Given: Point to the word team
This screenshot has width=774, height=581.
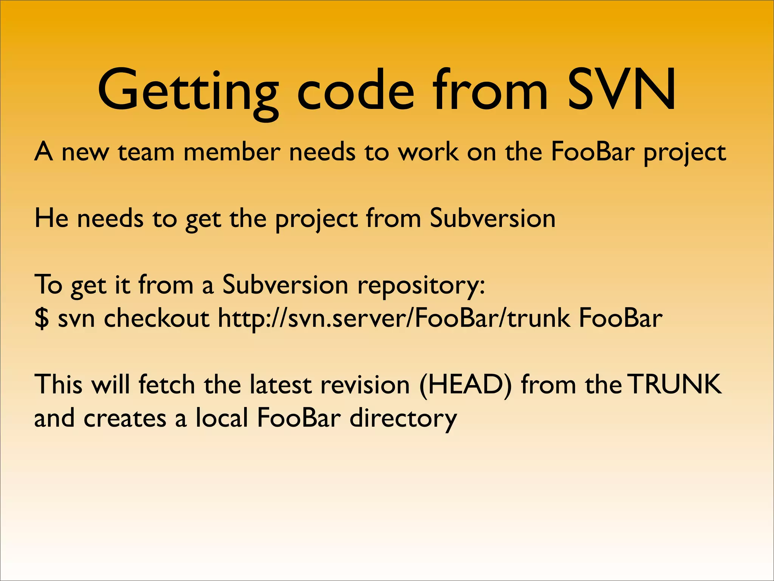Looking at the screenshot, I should coord(146,152).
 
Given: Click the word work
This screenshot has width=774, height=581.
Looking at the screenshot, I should coord(429,152).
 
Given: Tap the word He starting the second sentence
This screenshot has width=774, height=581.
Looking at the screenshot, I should coord(51,218).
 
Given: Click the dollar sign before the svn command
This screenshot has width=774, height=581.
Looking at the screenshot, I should coord(42,318).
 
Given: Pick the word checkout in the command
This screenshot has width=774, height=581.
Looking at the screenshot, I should coord(156,318).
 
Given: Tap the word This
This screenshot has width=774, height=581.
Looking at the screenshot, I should coord(58,385).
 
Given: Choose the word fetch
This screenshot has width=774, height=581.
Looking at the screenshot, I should coord(166,385).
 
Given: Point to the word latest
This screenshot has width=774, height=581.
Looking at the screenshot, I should coord(280,385).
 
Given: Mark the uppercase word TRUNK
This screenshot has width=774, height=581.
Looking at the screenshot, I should coord(675,385).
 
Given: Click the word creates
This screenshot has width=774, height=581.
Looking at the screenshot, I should coord(125,418).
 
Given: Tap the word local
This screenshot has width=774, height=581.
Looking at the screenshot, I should coord(221,418).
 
